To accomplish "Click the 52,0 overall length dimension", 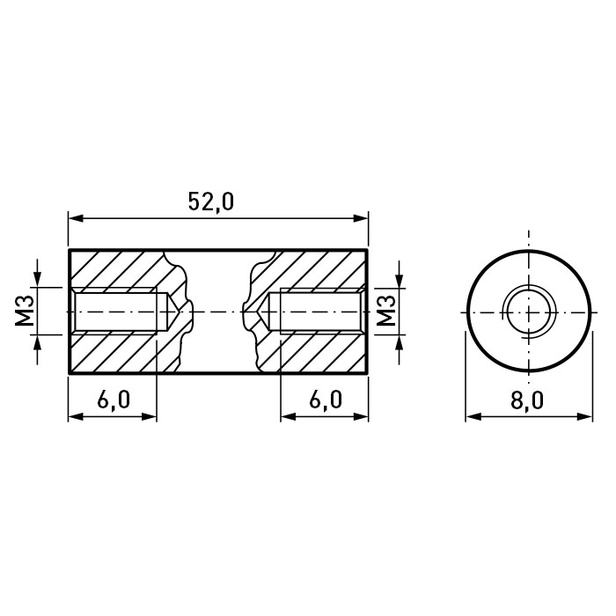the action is [211, 202].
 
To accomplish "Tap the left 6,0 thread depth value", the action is [114, 400].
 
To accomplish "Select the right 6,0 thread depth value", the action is [326, 400].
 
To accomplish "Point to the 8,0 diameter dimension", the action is [528, 400].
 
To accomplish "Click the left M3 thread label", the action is [26, 311].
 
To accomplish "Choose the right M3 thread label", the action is [386, 311].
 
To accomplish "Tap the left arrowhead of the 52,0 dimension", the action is [77, 218].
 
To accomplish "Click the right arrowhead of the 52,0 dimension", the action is [361, 218].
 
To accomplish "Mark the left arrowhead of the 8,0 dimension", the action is [473, 416].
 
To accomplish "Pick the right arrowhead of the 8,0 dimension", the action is [584, 416].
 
